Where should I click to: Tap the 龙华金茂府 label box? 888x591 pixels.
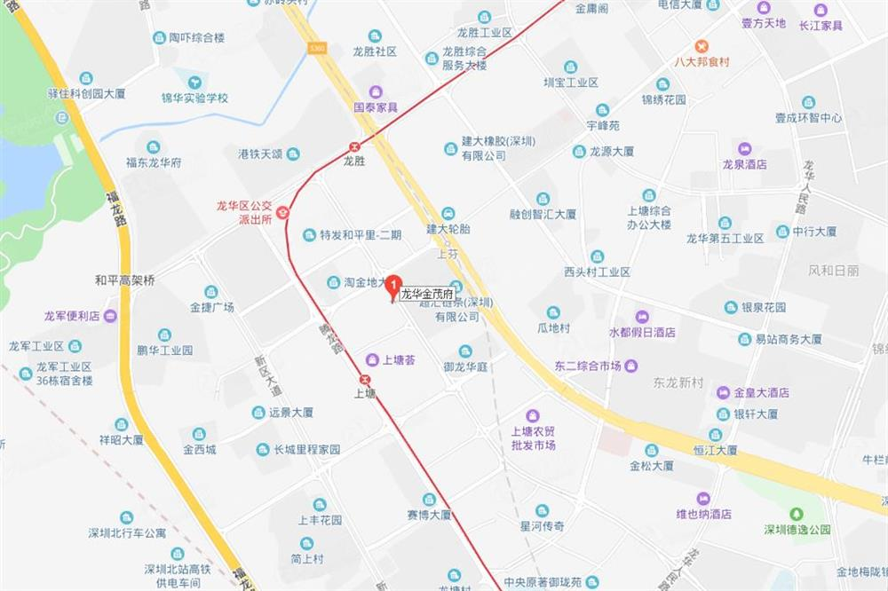427,294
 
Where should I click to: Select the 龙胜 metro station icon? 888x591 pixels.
355,147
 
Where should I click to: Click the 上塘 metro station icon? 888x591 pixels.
365,380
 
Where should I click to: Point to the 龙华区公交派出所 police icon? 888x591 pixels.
283,212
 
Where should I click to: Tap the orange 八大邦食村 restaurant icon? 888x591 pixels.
702,46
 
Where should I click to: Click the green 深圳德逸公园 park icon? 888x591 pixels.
797,514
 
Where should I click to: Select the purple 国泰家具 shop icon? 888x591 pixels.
376,91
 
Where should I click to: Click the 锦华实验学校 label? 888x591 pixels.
194,98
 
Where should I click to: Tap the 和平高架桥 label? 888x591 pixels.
125,280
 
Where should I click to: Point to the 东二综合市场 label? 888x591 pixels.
588,366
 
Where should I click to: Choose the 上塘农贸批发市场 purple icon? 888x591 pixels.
533,415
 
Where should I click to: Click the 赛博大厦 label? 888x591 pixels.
429,514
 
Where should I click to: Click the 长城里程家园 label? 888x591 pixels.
306,450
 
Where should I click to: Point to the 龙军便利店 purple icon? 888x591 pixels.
109,316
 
